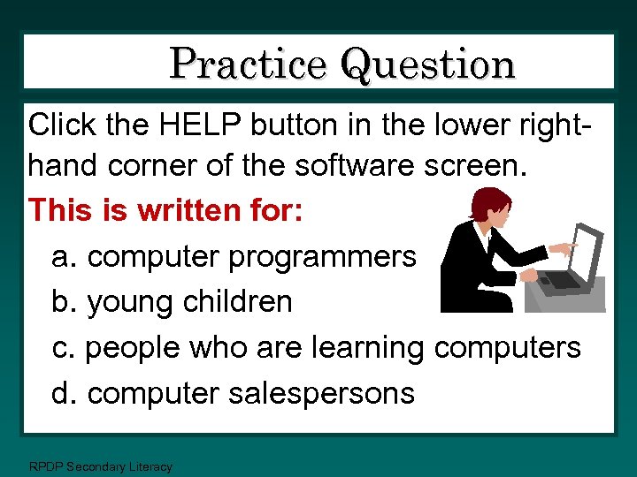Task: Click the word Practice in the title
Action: (248, 64)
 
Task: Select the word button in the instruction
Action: (293, 125)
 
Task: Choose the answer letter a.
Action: (61, 257)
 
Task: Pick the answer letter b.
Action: (61, 301)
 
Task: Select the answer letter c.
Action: (61, 348)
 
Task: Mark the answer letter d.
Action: (61, 392)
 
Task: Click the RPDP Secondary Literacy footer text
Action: (100, 466)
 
